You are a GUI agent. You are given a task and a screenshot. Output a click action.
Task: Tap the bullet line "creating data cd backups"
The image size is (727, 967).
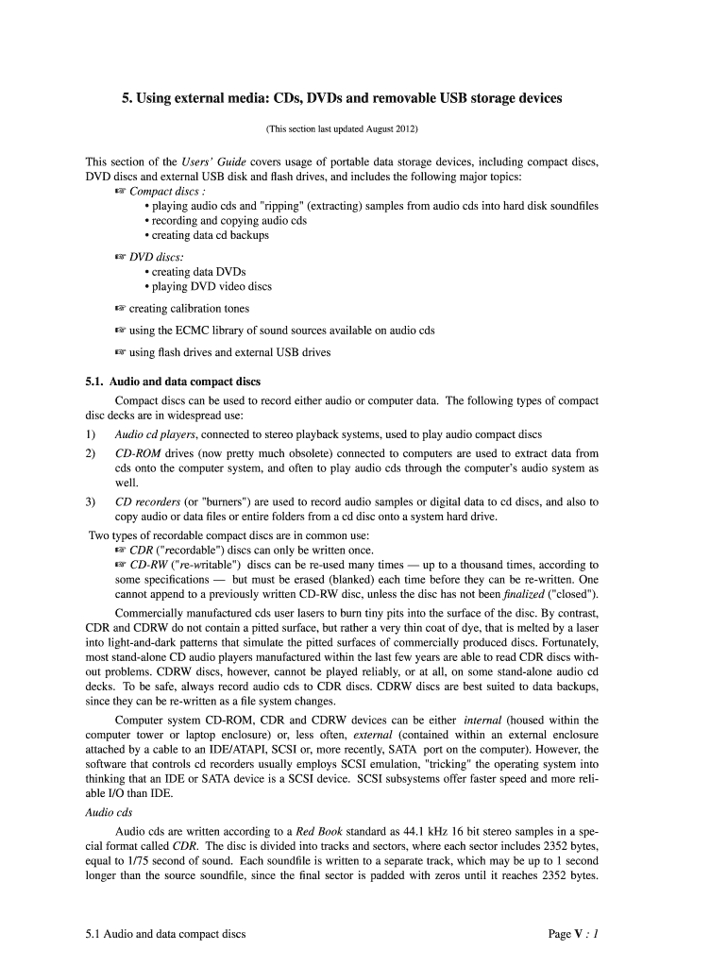(210, 235)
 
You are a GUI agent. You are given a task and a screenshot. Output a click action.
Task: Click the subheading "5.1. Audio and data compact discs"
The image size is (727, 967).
(173, 382)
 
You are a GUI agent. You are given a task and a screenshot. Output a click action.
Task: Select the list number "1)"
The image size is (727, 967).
(91, 434)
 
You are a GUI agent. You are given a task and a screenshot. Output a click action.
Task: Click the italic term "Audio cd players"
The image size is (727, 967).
(155, 434)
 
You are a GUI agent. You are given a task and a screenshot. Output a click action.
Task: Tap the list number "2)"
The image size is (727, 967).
(91, 453)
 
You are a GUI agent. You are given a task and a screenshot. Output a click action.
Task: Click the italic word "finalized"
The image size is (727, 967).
(530, 593)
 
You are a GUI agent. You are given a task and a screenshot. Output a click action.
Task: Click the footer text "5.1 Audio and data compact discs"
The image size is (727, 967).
(165, 934)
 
